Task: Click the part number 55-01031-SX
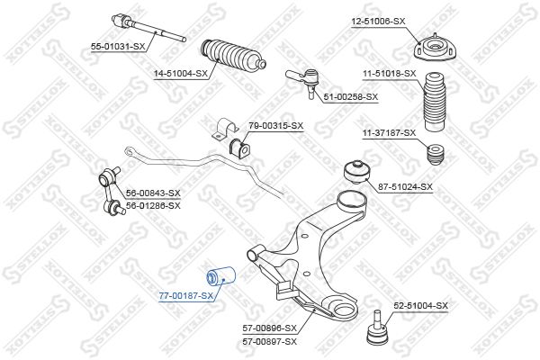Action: (118, 45)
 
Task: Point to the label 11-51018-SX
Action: (390, 73)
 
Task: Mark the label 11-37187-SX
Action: (389, 133)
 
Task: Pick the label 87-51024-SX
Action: (405, 187)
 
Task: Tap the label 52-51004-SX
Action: (420, 306)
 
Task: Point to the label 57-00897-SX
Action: (269, 342)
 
